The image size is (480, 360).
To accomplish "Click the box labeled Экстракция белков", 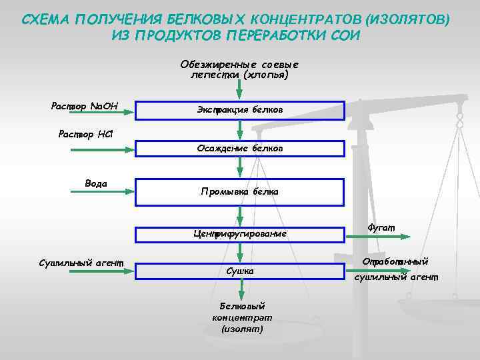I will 240,109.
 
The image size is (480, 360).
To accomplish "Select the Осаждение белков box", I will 240,148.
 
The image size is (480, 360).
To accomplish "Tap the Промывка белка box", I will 240,192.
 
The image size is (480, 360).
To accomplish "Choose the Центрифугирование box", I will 240,234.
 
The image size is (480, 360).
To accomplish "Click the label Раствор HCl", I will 86,135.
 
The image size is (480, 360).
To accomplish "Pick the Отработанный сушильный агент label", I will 395,268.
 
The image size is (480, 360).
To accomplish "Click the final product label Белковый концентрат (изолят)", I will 242,317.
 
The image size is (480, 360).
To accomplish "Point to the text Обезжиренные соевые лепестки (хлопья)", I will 239,70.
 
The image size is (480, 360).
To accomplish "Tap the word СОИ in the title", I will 345,35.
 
